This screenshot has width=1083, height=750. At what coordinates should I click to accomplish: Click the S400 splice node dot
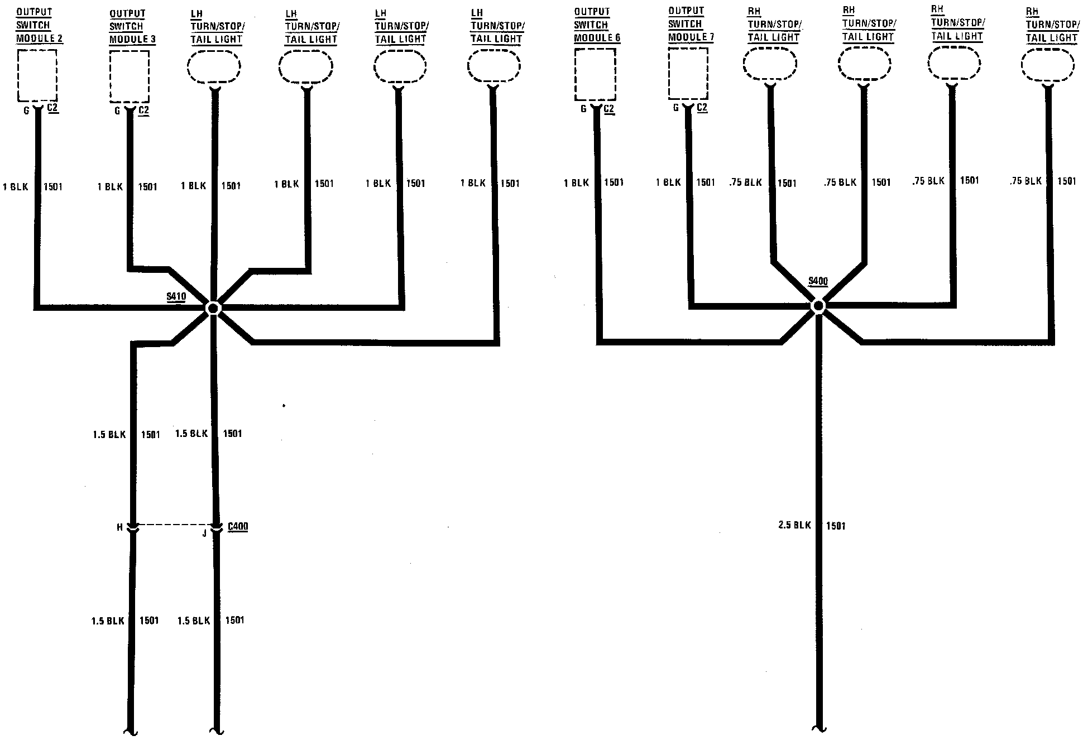(x=818, y=306)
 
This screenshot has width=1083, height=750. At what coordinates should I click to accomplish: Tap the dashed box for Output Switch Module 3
(x=130, y=76)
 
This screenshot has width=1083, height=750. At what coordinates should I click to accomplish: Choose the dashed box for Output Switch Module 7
(x=688, y=74)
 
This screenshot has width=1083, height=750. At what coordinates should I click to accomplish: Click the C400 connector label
(x=238, y=526)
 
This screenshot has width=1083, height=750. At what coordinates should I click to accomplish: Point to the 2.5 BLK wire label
(x=794, y=525)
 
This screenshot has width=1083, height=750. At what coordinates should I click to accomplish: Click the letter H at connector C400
(x=119, y=527)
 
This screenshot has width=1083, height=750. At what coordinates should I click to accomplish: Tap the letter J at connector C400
(x=204, y=533)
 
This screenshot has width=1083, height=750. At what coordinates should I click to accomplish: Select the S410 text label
(x=176, y=296)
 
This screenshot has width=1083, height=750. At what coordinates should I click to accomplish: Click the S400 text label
(x=818, y=281)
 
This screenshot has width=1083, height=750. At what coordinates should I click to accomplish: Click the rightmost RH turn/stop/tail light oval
(x=1048, y=66)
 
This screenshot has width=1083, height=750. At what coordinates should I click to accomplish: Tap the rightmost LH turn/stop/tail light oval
(x=493, y=67)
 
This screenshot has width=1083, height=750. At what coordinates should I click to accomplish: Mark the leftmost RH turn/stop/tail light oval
(x=770, y=65)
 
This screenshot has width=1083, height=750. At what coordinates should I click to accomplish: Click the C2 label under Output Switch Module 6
(x=608, y=109)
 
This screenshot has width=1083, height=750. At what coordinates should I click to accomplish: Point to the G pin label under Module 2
(x=26, y=110)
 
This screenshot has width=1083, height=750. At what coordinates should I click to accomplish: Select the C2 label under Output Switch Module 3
(x=143, y=110)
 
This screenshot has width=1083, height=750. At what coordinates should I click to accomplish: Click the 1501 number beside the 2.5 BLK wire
(x=836, y=526)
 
